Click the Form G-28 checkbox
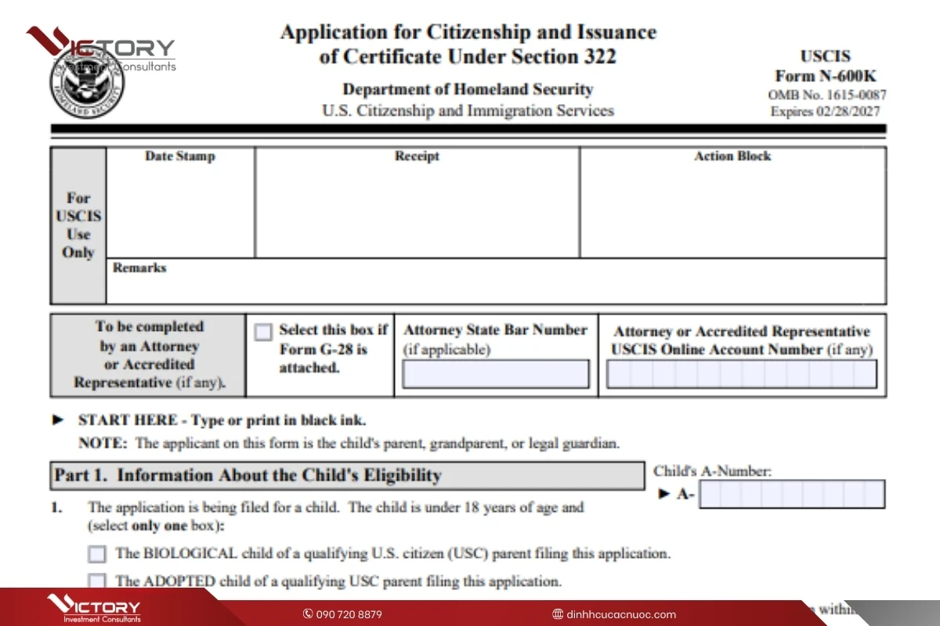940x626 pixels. click(x=264, y=332)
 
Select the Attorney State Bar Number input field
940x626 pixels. click(x=495, y=374)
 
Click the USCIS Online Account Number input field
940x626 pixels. click(x=741, y=374)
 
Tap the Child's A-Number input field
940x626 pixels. click(x=791, y=495)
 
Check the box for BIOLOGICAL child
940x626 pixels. click(x=97, y=554)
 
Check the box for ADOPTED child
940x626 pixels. click(x=97, y=581)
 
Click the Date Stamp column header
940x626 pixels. click(x=179, y=156)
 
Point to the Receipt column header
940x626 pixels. click(x=417, y=156)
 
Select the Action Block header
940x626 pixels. click(x=732, y=156)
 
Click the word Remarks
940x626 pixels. click(x=139, y=268)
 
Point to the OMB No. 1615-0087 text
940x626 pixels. click(x=827, y=95)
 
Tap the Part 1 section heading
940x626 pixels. click(x=248, y=475)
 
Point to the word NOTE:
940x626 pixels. click(x=102, y=443)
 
